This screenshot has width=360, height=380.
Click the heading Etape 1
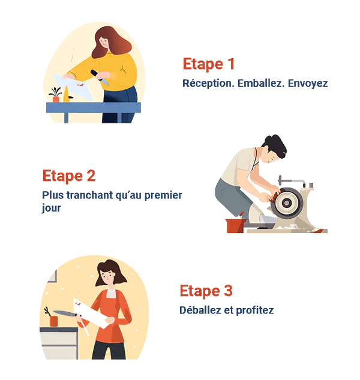[x=208, y=64]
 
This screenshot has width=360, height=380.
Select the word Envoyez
[x=308, y=83]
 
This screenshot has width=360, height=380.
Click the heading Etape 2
[x=69, y=176]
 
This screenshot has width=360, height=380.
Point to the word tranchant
[x=90, y=195]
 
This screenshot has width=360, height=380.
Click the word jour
[x=51, y=209]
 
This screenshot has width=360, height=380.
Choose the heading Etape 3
[x=206, y=291]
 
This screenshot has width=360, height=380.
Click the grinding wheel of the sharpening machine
[x=286, y=203]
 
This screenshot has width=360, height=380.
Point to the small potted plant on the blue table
[x=56, y=95]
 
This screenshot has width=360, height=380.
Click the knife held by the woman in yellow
[x=100, y=77]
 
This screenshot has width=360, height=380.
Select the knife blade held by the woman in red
[x=64, y=313]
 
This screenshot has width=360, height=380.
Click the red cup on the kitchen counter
[x=53, y=321]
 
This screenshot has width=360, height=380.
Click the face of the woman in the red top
[x=108, y=278]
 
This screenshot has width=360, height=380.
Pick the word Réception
[x=208, y=83]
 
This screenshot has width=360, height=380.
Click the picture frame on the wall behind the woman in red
[x=52, y=276]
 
